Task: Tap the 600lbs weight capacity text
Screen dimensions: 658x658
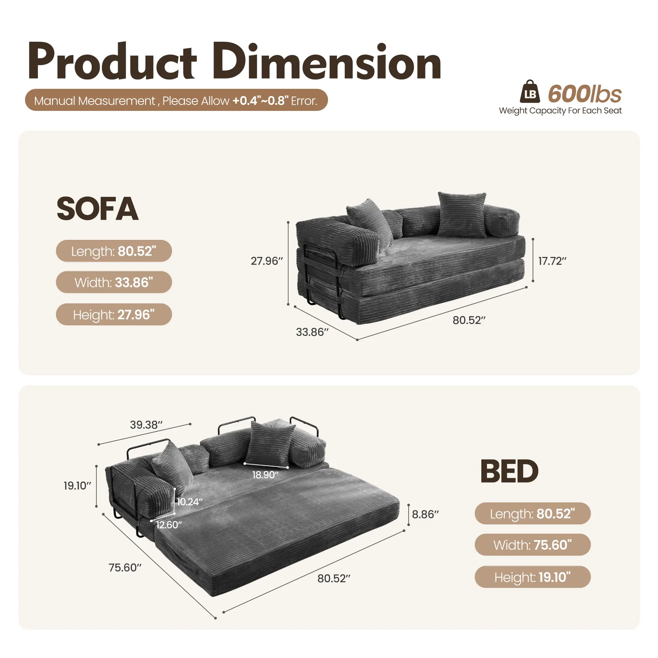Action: pos(585,94)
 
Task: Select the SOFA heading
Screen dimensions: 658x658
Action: pos(97,209)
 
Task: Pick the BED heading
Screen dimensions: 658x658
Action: pos(509,471)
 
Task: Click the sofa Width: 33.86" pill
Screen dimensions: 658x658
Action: pos(114,282)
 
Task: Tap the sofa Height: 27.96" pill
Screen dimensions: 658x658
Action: pos(114,314)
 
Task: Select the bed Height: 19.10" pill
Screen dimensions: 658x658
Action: pos(533,577)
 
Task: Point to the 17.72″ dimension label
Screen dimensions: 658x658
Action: pos(552,261)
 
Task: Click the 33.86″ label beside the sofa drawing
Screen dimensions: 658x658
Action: pos(312,332)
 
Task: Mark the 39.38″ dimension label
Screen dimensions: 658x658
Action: pos(146,425)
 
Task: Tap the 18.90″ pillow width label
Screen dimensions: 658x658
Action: pos(265,475)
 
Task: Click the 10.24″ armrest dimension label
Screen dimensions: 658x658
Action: pos(190,502)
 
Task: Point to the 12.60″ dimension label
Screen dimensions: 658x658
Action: pos(169,524)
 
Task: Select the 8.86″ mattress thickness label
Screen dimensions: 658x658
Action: pos(425,514)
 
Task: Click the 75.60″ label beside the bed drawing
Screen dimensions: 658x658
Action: pos(125,568)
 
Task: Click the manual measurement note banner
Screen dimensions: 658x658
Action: pos(176,100)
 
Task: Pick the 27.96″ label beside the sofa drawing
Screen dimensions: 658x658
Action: pos(267,261)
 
